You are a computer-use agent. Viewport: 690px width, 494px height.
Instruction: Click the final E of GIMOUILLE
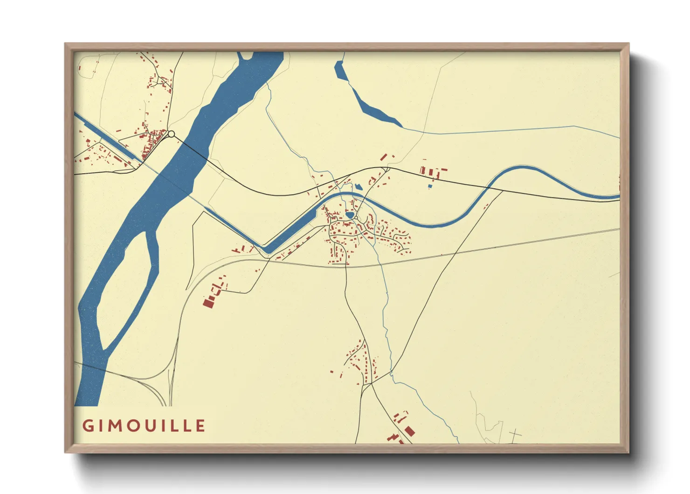click(200, 426)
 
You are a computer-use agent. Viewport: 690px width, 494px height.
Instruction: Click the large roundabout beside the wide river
click(171, 134)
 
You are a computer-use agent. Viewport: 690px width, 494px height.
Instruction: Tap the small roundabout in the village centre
click(356, 218)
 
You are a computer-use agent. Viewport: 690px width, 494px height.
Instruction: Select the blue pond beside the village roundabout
click(350, 216)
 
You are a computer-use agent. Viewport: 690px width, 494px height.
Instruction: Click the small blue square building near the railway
click(430, 186)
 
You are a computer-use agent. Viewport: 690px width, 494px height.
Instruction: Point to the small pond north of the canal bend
click(358, 187)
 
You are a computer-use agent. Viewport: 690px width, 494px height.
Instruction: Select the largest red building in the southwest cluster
click(207, 303)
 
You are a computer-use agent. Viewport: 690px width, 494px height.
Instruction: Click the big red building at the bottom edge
click(409, 430)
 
